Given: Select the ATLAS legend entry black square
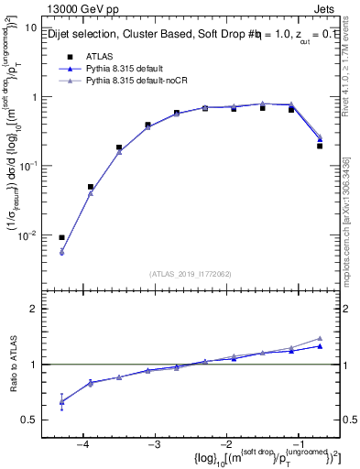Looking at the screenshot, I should coord(69,55).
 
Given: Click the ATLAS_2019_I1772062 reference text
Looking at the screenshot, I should coord(189,273).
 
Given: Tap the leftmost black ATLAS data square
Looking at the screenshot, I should coord(61,237).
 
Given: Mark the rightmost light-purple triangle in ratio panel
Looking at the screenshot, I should coord(320,338).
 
